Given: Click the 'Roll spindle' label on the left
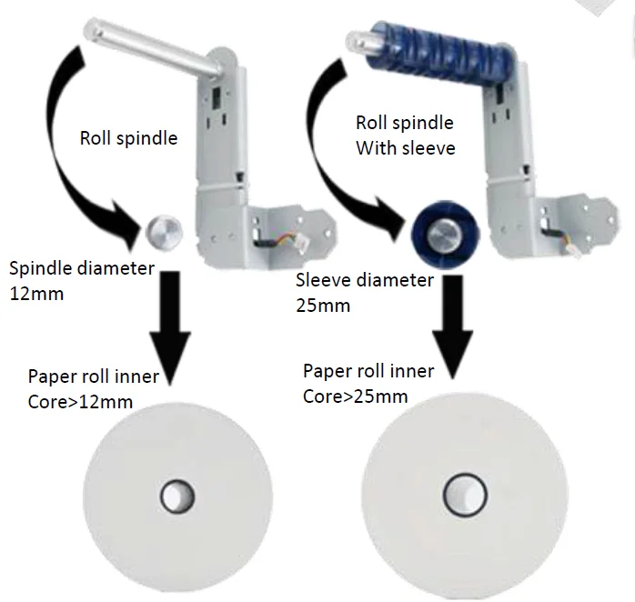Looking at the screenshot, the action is (128, 138).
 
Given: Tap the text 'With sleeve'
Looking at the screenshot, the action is (406, 148).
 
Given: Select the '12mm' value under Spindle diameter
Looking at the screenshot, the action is (36, 294).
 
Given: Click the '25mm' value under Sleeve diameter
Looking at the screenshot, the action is (323, 306).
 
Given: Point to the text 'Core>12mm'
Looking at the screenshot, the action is (80, 402).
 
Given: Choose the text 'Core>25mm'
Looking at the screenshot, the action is (355, 396).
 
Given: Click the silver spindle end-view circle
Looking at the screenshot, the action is (164, 233).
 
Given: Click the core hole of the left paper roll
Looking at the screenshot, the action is (177, 497).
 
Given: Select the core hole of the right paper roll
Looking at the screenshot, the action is (465, 495).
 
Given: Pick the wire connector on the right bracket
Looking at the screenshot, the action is (564, 242).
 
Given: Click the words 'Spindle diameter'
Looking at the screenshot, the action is (82, 268).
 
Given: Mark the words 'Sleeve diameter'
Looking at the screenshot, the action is (365, 280).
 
